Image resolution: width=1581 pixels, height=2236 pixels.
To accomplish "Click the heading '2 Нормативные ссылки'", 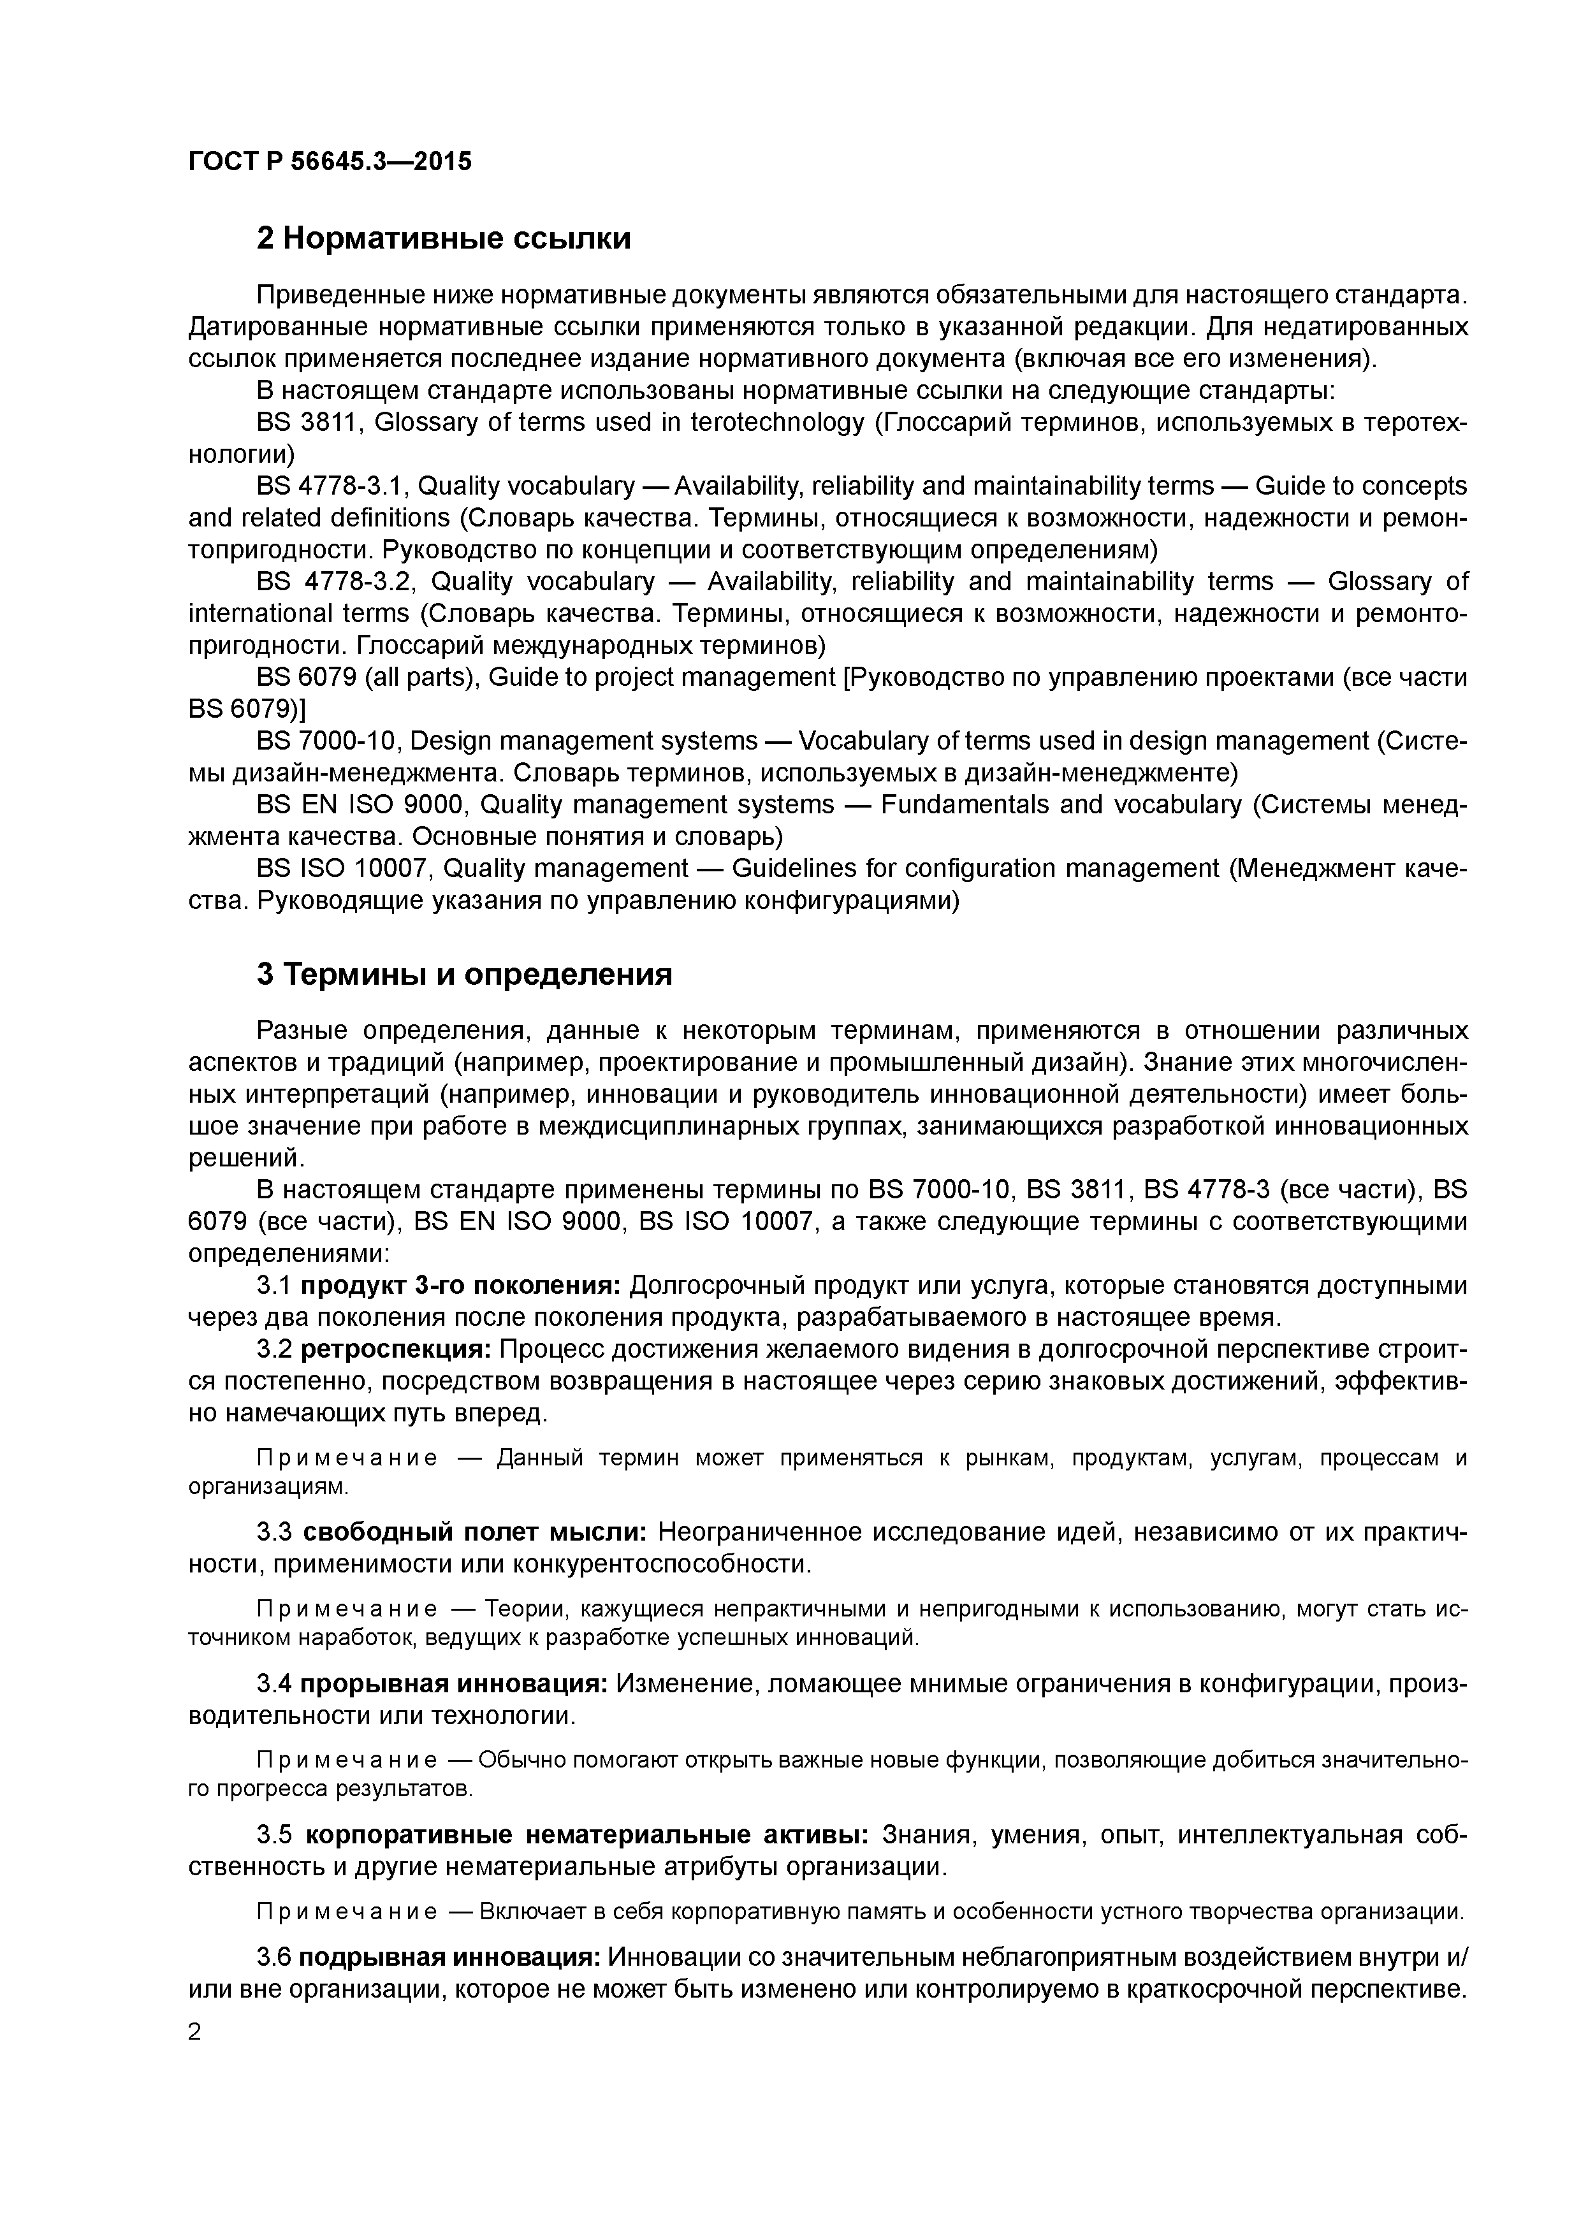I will tap(443, 238).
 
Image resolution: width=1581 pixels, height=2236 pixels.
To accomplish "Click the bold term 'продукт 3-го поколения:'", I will tap(460, 1286).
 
